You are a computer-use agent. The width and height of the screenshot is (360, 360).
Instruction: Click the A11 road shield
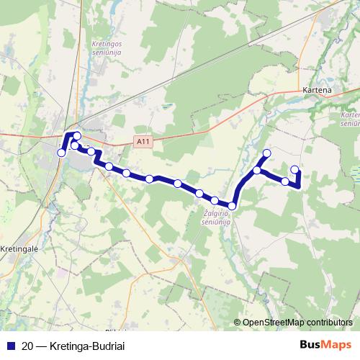pyautogui.click(x=143, y=143)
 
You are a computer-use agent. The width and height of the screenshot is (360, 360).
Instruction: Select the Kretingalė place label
pyautogui.click(x=19, y=248)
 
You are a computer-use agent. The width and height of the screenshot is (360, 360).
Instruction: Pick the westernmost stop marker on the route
pyautogui.click(x=61, y=153)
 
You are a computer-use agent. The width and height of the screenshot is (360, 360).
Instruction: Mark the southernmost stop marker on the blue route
pyautogui.click(x=232, y=206)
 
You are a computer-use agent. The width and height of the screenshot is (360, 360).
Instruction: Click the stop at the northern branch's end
pyautogui.click(x=266, y=153)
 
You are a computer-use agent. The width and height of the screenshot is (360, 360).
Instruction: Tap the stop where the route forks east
pyautogui.click(x=257, y=171)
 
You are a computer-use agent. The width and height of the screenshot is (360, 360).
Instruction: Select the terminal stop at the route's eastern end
pyautogui.click(x=294, y=170)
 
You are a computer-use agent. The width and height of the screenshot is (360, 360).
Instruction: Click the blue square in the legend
pyautogui.click(x=10, y=345)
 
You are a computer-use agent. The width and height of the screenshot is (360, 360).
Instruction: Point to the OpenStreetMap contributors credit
pyautogui.click(x=297, y=322)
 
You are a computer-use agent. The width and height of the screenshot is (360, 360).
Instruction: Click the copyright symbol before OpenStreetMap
pyautogui.click(x=238, y=322)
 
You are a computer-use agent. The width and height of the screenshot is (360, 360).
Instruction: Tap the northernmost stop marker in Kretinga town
pyautogui.click(x=77, y=135)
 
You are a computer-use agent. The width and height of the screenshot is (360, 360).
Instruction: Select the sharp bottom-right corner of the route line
pyautogui.click(x=298, y=186)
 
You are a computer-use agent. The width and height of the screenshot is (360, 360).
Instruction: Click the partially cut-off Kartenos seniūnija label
pyautogui.click(x=349, y=119)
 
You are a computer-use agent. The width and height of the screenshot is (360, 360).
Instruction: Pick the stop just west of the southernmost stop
pyautogui.click(x=215, y=200)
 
